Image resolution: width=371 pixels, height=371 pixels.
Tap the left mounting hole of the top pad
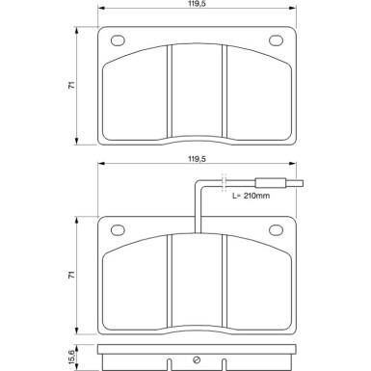(x=119, y=40)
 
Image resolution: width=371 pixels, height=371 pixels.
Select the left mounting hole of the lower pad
(x=119, y=230)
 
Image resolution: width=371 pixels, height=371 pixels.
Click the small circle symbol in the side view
(x=197, y=360)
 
